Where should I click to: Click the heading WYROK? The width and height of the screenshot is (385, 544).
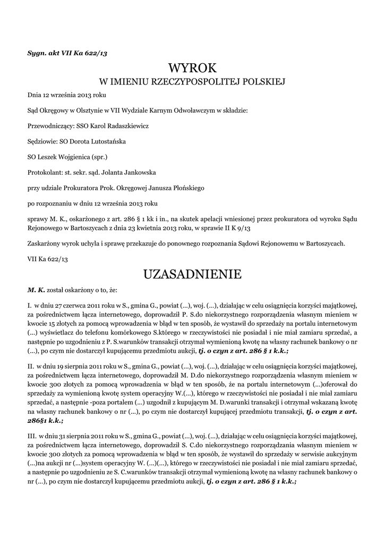pyautogui.click(x=192, y=68)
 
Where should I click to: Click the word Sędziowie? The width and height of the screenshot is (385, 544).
pyautogui.click(x=42, y=142)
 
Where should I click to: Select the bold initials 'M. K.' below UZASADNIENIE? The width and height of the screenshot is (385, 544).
pyautogui.click(x=36, y=291)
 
